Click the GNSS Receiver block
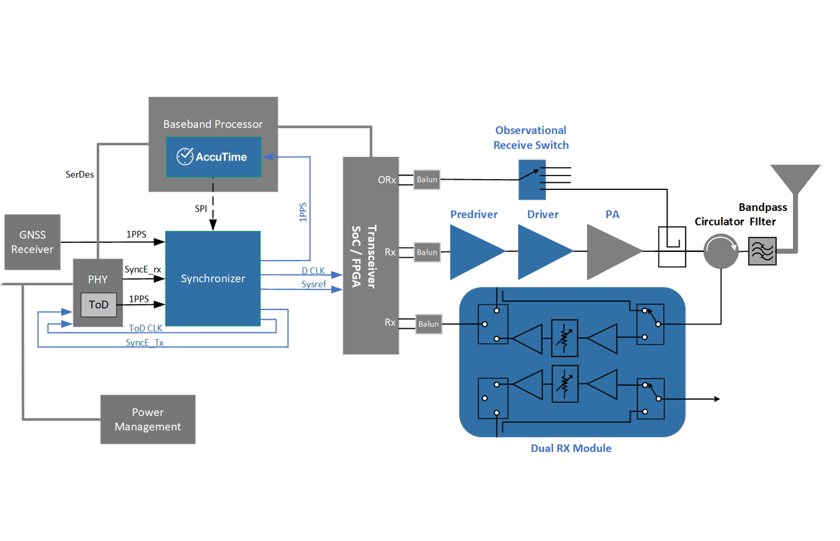click(32, 242)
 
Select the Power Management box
click(148, 420)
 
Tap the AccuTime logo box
click(213, 157)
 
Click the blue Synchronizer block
click(213, 278)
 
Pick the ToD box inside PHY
click(99, 305)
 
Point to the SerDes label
click(80, 174)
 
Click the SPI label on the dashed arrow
click(201, 209)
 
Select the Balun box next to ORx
click(427, 180)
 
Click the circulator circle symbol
click(720, 251)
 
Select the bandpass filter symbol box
click(762, 251)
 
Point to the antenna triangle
click(796, 177)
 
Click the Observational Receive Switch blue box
click(532, 180)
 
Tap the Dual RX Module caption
click(571, 448)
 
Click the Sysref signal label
click(314, 284)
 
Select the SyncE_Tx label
click(144, 343)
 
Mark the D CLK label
click(313, 271)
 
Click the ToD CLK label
click(145, 328)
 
